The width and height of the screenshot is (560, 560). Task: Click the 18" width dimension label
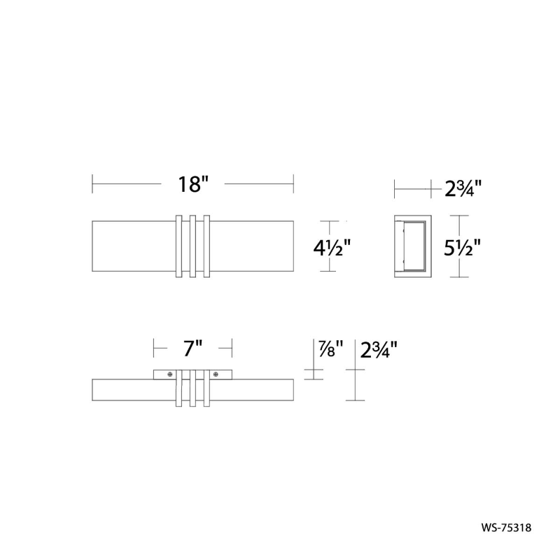click(193, 184)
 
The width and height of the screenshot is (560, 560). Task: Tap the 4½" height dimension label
click(332, 248)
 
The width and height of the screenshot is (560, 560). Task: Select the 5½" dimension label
click(463, 248)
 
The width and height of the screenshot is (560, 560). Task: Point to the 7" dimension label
click(193, 348)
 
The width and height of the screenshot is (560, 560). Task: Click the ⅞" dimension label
click(330, 348)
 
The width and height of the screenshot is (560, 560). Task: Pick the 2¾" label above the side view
click(463, 188)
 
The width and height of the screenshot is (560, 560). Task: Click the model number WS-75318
click(506, 528)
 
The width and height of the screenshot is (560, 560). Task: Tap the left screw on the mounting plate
click(170, 374)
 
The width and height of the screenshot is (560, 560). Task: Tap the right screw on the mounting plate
click(216, 374)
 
